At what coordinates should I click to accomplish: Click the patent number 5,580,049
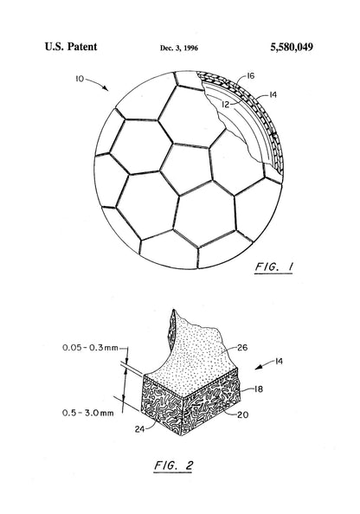click(x=292, y=48)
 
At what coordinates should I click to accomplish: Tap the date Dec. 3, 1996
click(x=179, y=48)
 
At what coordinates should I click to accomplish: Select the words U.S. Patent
click(x=71, y=47)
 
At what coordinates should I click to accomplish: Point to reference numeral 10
click(x=80, y=79)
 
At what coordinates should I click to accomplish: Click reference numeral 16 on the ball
click(x=250, y=76)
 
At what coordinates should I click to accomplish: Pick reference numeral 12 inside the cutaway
click(x=226, y=105)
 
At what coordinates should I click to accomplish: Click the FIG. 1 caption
click(x=273, y=267)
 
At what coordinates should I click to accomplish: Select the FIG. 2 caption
click(x=173, y=466)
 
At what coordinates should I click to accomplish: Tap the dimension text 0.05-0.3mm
click(x=90, y=348)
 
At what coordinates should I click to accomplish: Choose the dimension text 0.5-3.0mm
click(x=88, y=413)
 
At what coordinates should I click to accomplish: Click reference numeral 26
click(x=242, y=348)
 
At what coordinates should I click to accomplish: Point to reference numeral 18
click(x=259, y=389)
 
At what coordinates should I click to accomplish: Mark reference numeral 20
click(x=243, y=414)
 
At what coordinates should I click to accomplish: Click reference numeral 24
click(x=139, y=429)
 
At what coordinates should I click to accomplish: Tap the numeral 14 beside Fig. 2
click(x=279, y=361)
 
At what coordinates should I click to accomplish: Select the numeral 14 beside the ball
click(x=273, y=94)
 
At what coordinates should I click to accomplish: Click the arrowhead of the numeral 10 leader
click(x=106, y=88)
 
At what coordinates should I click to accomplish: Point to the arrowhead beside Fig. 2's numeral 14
click(x=259, y=368)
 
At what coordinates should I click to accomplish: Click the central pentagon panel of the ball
click(x=187, y=169)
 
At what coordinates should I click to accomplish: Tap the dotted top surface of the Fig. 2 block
click(x=194, y=361)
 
